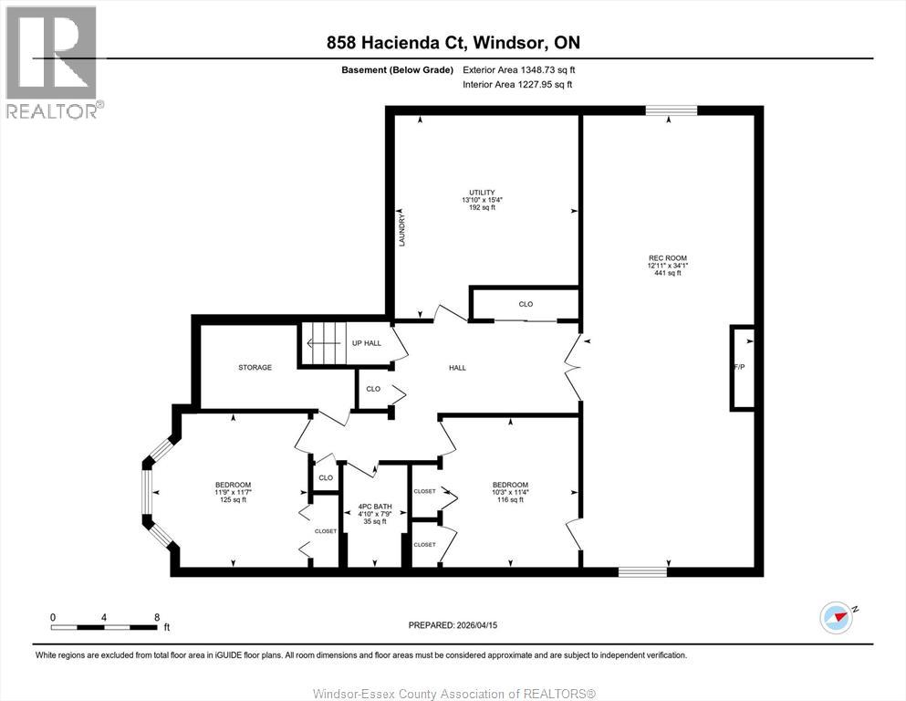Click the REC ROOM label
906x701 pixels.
tap(667, 258)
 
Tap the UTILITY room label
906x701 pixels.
tap(475, 193)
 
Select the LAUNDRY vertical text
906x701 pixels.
tap(401, 230)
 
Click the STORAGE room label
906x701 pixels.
tap(255, 367)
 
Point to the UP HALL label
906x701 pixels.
tap(367, 343)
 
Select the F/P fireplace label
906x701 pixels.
tap(738, 367)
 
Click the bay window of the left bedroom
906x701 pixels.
tap(148, 493)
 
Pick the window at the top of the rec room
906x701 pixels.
tap(671, 110)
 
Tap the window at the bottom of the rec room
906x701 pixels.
tap(642, 571)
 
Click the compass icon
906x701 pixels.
tap(836, 617)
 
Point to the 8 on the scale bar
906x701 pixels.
tap(157, 617)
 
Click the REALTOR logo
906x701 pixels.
tap(53, 62)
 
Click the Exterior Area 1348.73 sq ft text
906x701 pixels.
tap(519, 69)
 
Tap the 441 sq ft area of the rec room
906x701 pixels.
tap(667, 273)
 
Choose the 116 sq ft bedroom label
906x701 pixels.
tap(510, 499)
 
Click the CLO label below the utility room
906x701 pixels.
tap(526, 304)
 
